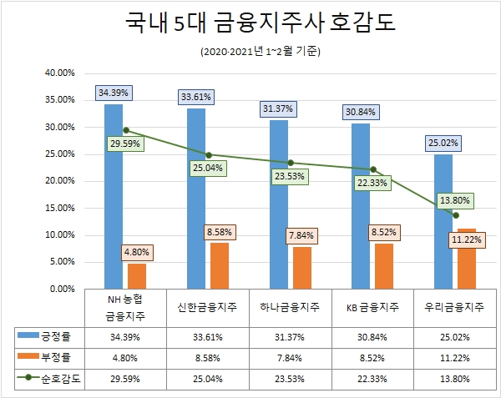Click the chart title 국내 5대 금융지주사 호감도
(x=250, y=22)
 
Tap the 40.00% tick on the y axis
(x=59, y=73)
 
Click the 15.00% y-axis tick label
(x=59, y=208)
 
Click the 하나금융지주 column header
(x=290, y=306)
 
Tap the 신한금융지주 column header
(x=208, y=306)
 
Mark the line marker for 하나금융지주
(x=291, y=163)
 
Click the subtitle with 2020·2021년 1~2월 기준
(x=250, y=53)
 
